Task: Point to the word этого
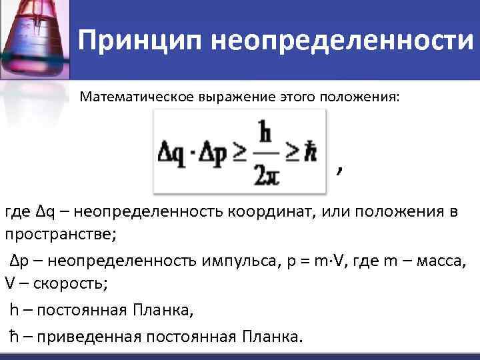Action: pos(299,97)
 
